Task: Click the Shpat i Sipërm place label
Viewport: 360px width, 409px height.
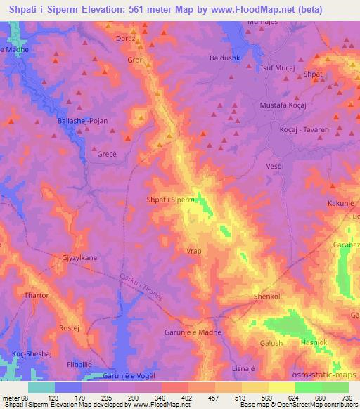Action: pyautogui.click(x=169, y=200)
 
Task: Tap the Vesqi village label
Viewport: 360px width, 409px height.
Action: pyautogui.click(x=275, y=166)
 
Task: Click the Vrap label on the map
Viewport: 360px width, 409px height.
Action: pyautogui.click(x=195, y=251)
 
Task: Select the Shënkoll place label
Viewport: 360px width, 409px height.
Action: pyautogui.click(x=267, y=297)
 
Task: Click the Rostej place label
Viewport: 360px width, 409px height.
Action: pyautogui.click(x=68, y=328)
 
